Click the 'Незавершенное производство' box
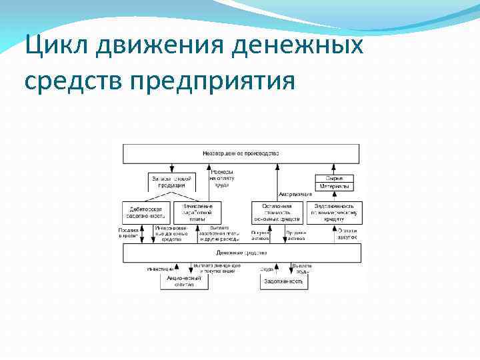241,153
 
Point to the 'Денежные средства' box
241,253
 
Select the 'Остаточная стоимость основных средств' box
277,212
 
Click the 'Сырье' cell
335,178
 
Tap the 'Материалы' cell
335,186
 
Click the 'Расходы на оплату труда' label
221,178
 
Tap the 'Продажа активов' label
295,235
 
